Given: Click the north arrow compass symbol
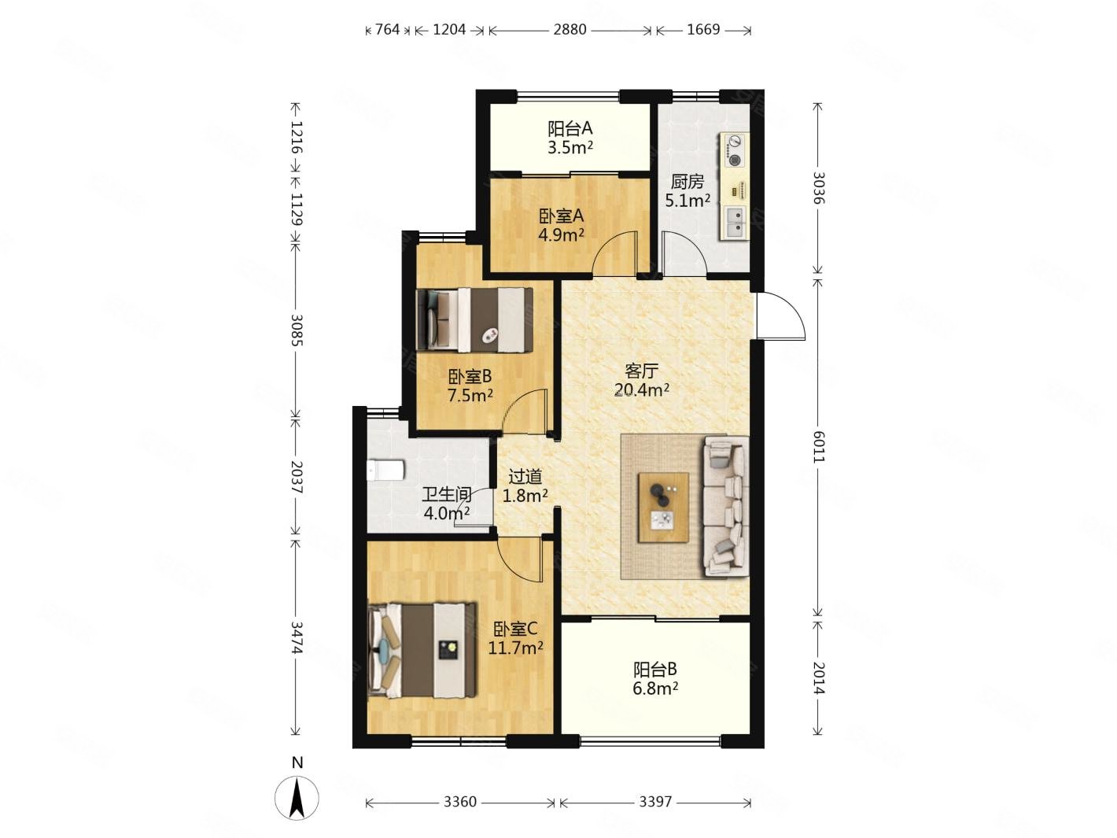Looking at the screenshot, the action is pyautogui.click(x=297, y=797).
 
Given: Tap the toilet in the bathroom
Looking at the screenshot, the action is pyautogui.click(x=385, y=471).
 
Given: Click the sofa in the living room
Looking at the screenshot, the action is pyautogui.click(x=724, y=507).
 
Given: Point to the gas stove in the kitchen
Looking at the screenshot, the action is pyautogui.click(x=733, y=150).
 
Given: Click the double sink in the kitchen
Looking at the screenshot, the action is pyautogui.click(x=735, y=223).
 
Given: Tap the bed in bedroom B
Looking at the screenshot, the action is pyautogui.click(x=474, y=320).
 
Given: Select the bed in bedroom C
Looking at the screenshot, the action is pyautogui.click(x=422, y=650).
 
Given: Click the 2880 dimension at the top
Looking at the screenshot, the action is pyautogui.click(x=570, y=30).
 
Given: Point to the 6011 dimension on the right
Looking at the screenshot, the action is pyautogui.click(x=817, y=446).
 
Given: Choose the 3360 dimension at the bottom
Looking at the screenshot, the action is pyautogui.click(x=459, y=802).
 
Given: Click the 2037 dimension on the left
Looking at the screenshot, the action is pyautogui.click(x=297, y=477).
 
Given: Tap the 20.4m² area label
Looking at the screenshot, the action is pyautogui.click(x=641, y=390).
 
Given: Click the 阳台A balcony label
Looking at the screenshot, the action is pyautogui.click(x=570, y=128).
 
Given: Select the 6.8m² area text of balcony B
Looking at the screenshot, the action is pyautogui.click(x=655, y=689).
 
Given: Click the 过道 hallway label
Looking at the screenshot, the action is pyautogui.click(x=525, y=477).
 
